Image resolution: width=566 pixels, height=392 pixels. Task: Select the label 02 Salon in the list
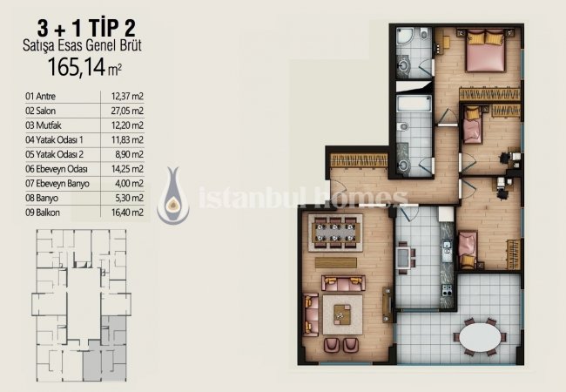tap(40, 111)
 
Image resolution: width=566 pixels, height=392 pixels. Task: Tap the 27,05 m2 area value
tap(127, 111)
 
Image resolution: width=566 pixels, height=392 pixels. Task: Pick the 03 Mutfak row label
tap(44, 125)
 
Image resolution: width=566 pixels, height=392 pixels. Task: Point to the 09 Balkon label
tap(43, 213)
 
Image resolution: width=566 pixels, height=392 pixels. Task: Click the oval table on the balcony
tap(480, 337)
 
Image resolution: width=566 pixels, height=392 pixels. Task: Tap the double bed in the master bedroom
tap(485, 51)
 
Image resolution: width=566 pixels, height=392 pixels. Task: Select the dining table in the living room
tap(335, 233)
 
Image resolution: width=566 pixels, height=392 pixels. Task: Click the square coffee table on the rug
tap(342, 314)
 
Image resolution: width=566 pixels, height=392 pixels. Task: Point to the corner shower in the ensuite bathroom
tap(406, 38)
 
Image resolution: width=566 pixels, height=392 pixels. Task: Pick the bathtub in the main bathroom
tap(414, 103)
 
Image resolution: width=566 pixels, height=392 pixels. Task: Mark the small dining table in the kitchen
tap(403, 257)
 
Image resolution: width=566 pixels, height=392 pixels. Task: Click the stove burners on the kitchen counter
tap(447, 290)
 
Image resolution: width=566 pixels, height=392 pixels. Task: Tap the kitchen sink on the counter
tap(447, 249)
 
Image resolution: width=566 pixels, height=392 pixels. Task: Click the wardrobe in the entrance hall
tap(359, 160)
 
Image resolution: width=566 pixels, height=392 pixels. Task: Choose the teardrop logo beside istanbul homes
tap(173, 196)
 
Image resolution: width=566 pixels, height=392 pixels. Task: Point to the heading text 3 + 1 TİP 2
tap(86, 29)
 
